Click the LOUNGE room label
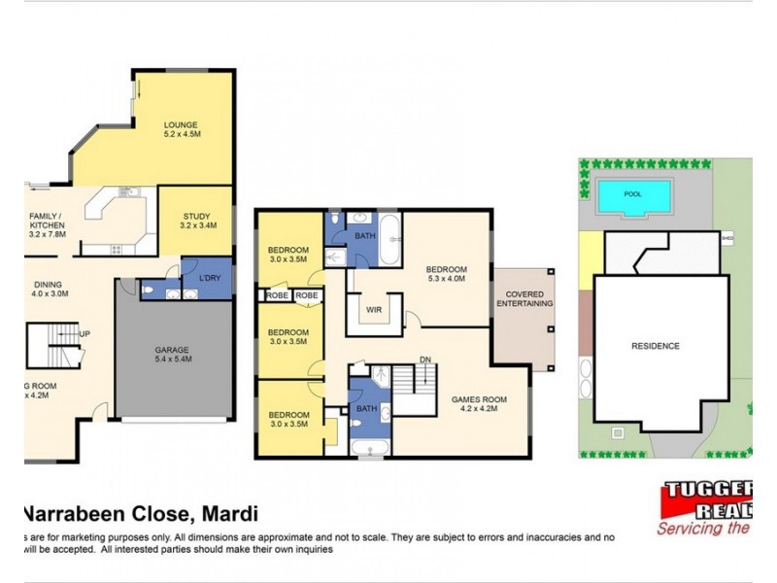[x=181, y=124]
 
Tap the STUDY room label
[x=194, y=218]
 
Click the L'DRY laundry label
[x=210, y=280]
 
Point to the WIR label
[x=373, y=311]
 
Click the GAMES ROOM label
[x=479, y=397]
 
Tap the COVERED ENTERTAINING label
[x=524, y=298]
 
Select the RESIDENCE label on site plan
[x=656, y=346]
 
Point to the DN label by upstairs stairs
[x=424, y=359]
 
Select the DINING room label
[x=45, y=285]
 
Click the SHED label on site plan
[x=727, y=235]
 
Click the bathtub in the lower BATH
[x=369, y=448]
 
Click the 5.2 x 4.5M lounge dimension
[x=181, y=136]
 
